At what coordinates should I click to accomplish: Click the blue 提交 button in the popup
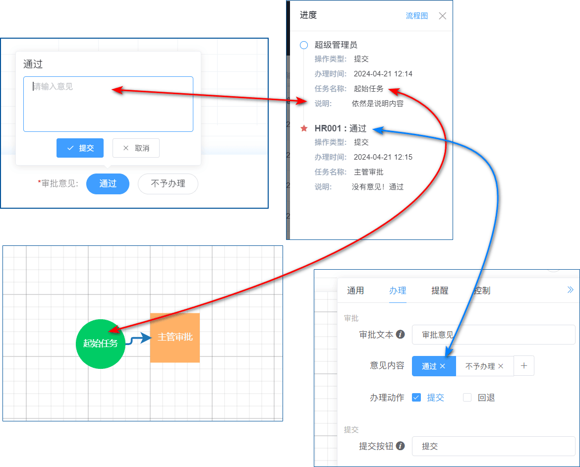[80, 148]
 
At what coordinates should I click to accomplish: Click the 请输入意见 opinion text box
[108, 104]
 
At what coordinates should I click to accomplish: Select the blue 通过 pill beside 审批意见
[108, 183]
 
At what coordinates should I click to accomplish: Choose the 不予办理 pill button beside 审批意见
[168, 183]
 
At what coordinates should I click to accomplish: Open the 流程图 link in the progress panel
[416, 15]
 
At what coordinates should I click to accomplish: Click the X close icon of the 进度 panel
[442, 16]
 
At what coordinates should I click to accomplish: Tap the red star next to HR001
[304, 128]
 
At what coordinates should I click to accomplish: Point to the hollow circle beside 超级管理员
[304, 45]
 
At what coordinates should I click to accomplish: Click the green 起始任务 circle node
[101, 344]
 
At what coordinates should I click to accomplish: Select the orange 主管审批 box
[175, 338]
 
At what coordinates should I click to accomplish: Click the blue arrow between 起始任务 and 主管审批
[139, 339]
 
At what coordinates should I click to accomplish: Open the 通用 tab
[355, 291]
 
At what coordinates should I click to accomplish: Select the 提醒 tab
[440, 291]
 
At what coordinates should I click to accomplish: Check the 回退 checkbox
[467, 398]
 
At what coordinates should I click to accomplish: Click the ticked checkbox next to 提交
[416, 398]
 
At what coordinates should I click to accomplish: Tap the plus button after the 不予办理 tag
[524, 366]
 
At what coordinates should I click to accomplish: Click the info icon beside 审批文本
[400, 335]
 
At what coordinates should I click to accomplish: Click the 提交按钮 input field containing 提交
[493, 446]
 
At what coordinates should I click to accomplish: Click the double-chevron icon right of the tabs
[570, 290]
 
